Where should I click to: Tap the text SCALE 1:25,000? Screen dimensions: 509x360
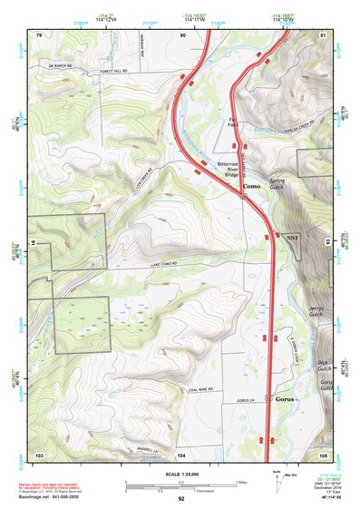tap(181, 475)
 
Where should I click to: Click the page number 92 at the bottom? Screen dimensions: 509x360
tap(181, 498)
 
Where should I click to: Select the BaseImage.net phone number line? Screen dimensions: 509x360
tap(51, 496)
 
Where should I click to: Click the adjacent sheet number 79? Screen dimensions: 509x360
tap(39, 34)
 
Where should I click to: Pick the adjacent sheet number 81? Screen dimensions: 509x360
tap(324, 34)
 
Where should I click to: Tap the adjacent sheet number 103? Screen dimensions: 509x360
tap(39, 454)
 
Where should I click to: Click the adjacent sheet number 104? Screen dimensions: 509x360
tap(181, 454)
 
